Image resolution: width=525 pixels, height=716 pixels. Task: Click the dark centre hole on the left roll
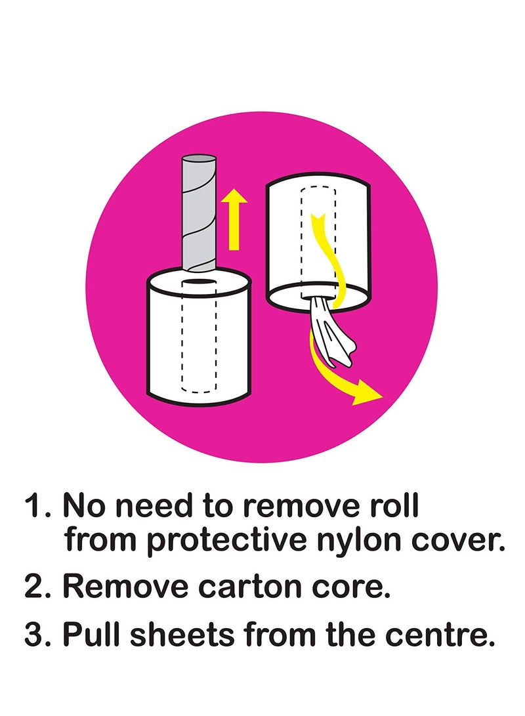coord(198,282)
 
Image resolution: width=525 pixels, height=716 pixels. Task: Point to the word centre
coord(444,635)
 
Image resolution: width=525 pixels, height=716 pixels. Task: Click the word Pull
coord(91,635)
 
